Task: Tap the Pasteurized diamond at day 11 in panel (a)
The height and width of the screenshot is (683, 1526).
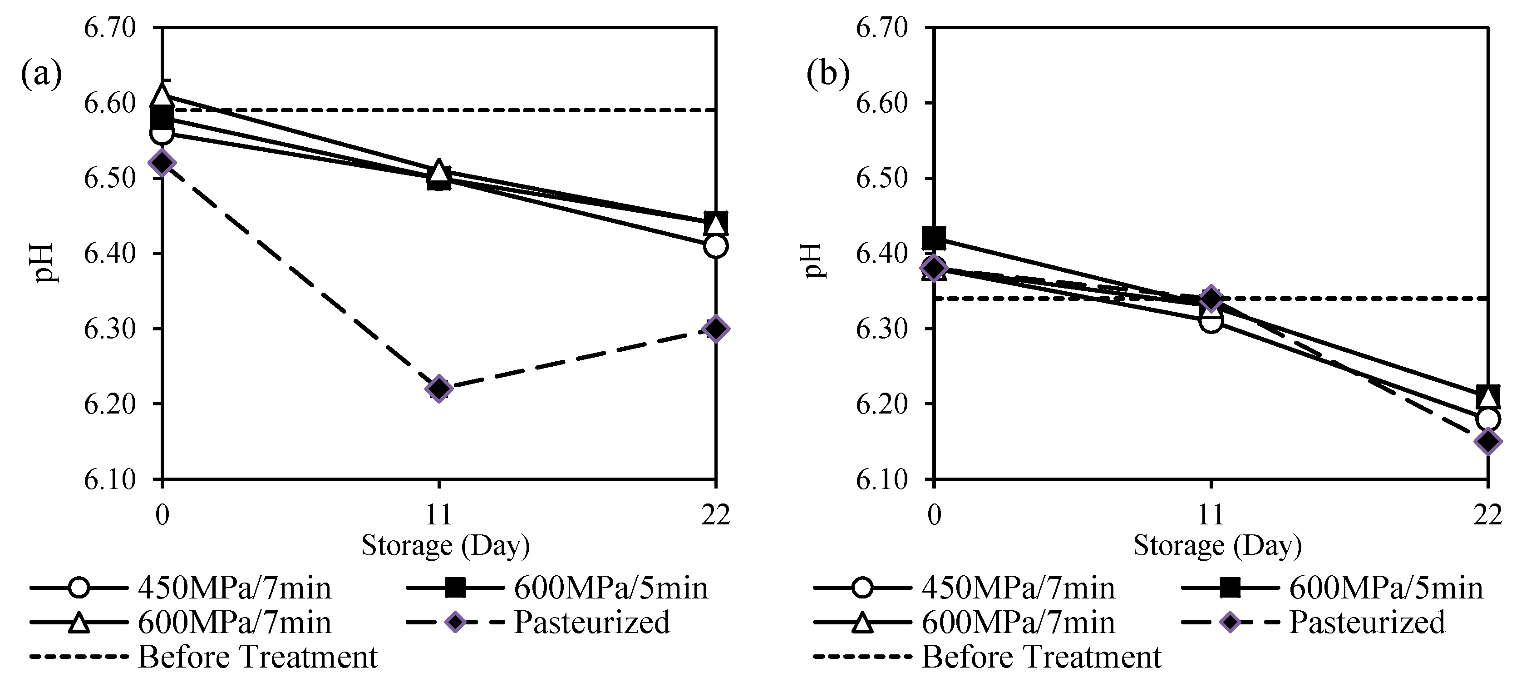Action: point(439,389)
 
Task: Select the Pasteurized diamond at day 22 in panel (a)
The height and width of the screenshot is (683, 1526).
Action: point(716,329)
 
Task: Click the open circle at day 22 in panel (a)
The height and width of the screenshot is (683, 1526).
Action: point(716,245)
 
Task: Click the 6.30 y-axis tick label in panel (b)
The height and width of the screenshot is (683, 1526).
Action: point(881,329)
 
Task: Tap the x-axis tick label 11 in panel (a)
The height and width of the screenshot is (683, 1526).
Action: point(439,514)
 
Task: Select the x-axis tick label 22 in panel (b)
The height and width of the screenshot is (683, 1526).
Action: point(1487,514)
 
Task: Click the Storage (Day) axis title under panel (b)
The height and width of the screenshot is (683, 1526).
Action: point(1217,545)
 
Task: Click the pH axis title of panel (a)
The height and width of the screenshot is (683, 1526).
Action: point(45,262)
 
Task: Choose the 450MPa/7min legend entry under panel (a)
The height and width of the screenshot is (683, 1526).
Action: point(235,588)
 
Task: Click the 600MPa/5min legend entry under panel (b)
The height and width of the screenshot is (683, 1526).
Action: point(1386,588)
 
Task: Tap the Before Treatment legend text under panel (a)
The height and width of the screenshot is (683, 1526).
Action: point(258,657)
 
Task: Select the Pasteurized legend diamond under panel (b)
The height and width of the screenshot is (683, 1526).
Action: point(1230,623)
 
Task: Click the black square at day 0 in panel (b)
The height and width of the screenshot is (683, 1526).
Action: point(934,238)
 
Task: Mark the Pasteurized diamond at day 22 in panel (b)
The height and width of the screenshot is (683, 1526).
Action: point(1487,441)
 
